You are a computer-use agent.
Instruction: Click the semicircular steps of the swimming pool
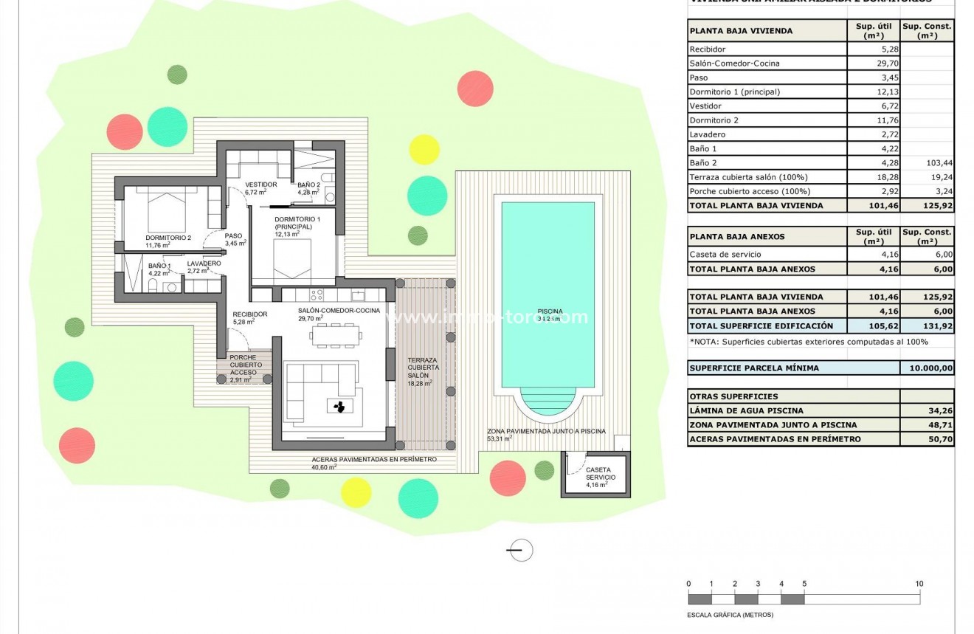coord(548,402)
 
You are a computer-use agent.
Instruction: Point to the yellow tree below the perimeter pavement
coord(356,492)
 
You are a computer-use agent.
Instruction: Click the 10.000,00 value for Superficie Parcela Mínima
coord(927,368)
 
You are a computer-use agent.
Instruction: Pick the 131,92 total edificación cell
coord(927,325)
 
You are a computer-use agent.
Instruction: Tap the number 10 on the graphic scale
coord(919,584)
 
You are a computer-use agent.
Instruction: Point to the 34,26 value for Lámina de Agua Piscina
coord(927,411)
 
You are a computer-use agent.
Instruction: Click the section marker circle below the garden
coord(521,550)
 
